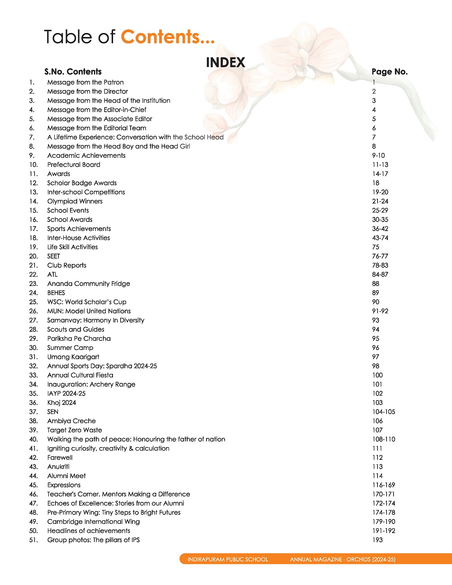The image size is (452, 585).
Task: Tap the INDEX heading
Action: point(226,62)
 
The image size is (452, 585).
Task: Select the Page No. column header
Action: point(389,71)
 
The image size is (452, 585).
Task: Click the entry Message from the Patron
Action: point(85,82)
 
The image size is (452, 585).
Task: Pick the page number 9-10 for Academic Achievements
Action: point(378,156)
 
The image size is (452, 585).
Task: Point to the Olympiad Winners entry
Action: point(75,201)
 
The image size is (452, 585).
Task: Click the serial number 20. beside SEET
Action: point(33,256)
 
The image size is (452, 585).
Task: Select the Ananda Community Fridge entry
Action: point(89,283)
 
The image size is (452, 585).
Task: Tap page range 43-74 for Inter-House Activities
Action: point(380,238)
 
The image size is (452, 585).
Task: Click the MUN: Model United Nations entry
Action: point(89,311)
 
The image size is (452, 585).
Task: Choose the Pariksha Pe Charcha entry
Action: point(79,339)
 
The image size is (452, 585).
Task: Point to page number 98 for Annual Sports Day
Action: point(376,366)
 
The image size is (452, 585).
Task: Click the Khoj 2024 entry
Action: point(62,402)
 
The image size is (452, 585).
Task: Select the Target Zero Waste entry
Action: point(75,430)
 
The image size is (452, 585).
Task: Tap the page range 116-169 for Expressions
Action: point(383,485)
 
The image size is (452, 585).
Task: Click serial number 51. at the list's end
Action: point(33,540)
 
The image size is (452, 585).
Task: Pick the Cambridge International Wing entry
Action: point(94,522)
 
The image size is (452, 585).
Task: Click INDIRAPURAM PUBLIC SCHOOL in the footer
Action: point(228,559)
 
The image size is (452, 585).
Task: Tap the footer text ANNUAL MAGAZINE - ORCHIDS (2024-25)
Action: point(343,559)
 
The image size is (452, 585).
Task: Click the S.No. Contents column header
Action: point(73,71)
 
